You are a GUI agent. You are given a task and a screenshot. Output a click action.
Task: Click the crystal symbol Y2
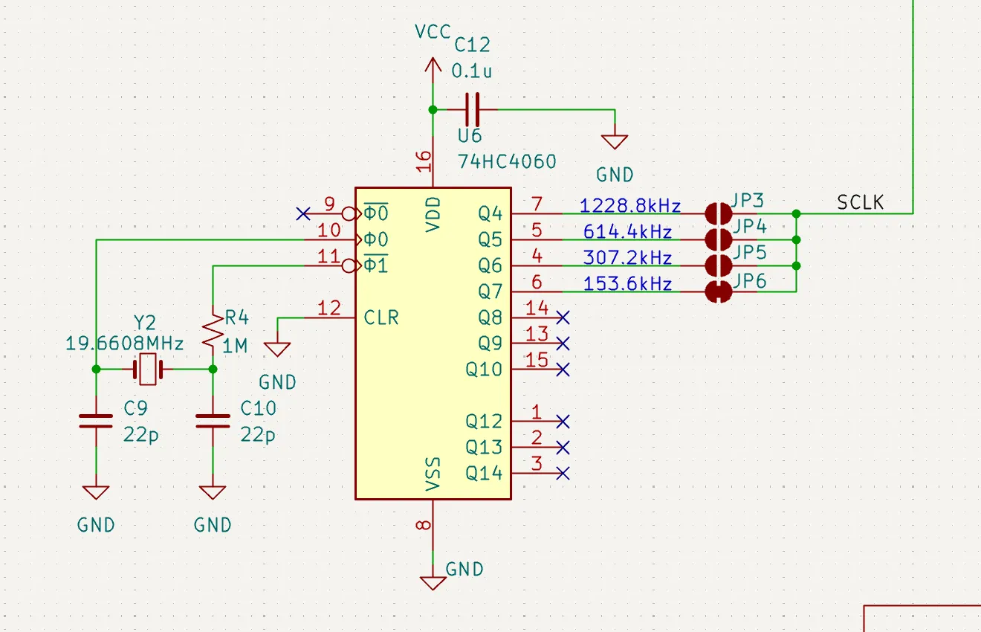pos(148,370)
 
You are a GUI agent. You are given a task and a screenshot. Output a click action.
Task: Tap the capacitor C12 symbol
pos(472,109)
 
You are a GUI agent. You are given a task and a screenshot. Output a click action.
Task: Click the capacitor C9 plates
pos(96,421)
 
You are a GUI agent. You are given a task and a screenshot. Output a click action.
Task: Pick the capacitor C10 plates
pos(213,421)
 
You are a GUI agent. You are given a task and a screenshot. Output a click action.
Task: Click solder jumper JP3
pos(719,214)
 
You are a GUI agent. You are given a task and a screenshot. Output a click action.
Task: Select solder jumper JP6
pos(719,292)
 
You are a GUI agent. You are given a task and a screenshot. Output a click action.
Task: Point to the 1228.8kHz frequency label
pos(630,205)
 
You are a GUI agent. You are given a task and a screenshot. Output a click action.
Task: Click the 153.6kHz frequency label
pos(627,283)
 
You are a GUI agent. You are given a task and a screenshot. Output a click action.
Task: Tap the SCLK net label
pos(860,202)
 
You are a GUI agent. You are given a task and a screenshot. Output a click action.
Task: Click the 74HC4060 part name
pos(507,162)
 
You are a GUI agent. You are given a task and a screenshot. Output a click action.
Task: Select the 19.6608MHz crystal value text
pos(124,344)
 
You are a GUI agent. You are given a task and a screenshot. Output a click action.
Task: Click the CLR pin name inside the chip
pos(381,317)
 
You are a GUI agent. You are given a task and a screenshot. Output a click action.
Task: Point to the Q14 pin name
pos(484,474)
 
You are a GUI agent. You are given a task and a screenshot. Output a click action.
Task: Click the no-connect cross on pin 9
pos(303,214)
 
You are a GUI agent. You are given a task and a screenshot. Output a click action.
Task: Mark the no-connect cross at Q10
pos(563,370)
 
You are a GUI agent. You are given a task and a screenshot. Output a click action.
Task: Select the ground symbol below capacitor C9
pos(96,492)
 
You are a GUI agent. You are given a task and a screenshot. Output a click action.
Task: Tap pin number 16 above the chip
pos(424,161)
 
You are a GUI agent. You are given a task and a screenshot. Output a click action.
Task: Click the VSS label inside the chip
pos(433,474)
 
